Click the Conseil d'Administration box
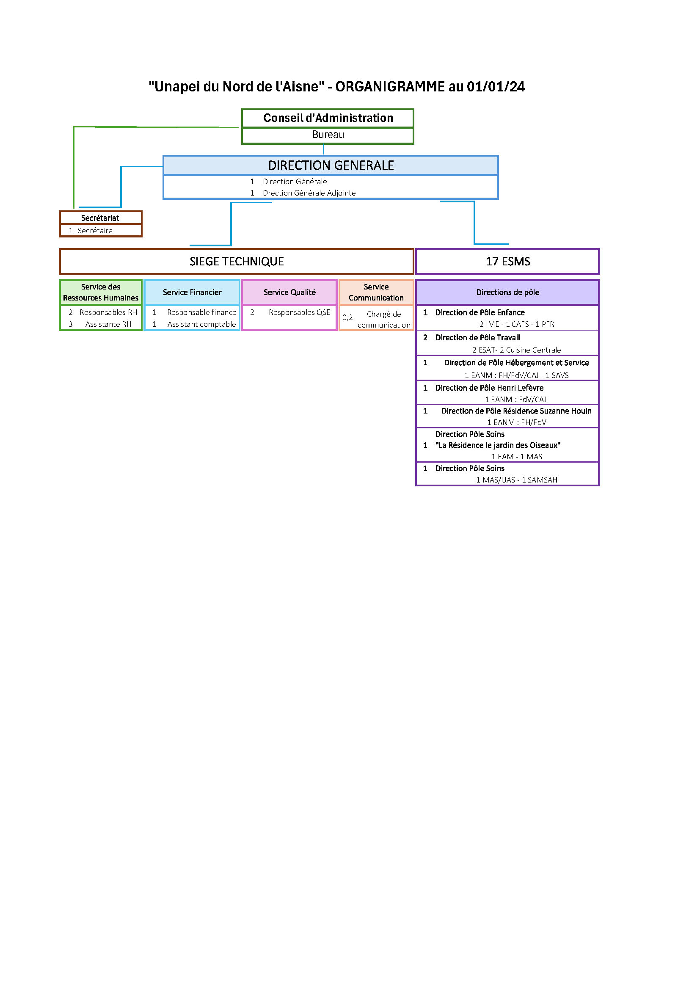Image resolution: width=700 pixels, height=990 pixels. [328, 118]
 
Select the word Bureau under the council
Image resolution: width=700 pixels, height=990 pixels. [328, 135]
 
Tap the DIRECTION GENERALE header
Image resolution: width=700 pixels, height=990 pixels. [331, 165]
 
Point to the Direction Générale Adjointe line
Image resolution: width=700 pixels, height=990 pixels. [309, 193]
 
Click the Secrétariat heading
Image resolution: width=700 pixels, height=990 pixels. [100, 218]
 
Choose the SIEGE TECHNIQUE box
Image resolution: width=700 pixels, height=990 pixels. [237, 261]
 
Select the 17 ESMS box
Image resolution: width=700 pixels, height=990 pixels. [507, 261]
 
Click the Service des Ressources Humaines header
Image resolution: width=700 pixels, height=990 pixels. [100, 292]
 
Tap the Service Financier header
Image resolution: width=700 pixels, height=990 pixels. [192, 292]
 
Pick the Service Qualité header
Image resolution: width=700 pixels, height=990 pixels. [289, 292]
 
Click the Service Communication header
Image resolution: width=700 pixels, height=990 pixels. [376, 292]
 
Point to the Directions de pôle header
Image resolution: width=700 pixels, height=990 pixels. [507, 292]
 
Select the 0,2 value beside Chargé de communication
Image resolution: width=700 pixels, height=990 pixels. [347, 317]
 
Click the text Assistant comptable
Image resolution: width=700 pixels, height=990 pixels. [201, 324]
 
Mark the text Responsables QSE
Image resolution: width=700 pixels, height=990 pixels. [299, 312]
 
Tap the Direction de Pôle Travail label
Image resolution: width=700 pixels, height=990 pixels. [477, 337]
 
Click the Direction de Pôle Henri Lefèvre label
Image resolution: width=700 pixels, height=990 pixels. [489, 388]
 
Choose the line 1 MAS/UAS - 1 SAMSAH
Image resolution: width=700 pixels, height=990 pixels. [516, 480]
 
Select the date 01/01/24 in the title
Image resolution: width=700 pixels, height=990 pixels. [495, 87]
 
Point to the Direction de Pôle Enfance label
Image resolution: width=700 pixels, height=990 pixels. [480, 312]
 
